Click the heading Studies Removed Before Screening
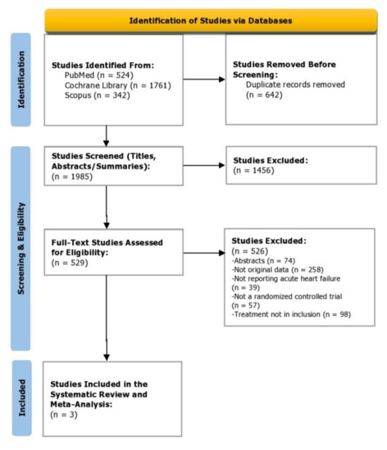281,68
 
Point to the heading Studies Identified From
93,65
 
